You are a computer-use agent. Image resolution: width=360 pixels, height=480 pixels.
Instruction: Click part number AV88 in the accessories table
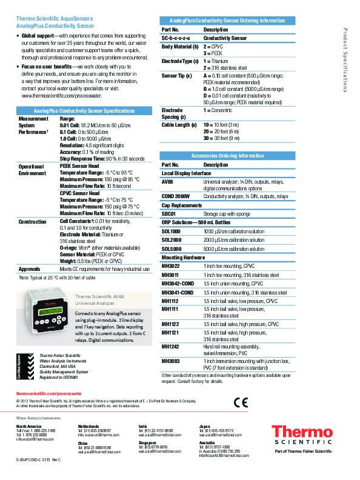click(167, 181)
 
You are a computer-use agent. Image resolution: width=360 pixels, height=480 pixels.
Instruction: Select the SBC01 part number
click(169, 214)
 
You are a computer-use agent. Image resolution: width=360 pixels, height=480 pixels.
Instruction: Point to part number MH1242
click(170, 346)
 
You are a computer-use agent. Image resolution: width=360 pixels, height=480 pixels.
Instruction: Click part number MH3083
click(170, 361)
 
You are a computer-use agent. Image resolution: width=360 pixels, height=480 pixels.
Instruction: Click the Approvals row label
click(29, 268)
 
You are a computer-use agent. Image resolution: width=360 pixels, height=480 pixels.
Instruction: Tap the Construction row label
click(33, 222)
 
